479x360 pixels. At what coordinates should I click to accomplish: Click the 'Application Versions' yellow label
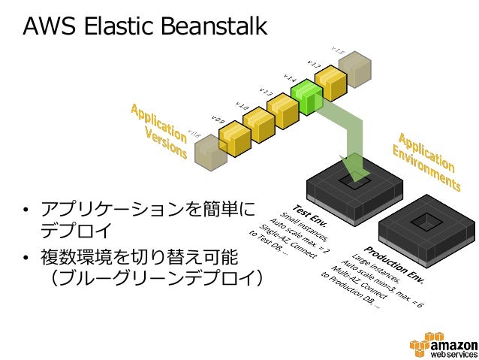coord(159,129)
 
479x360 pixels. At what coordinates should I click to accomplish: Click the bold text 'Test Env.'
coord(309,219)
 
